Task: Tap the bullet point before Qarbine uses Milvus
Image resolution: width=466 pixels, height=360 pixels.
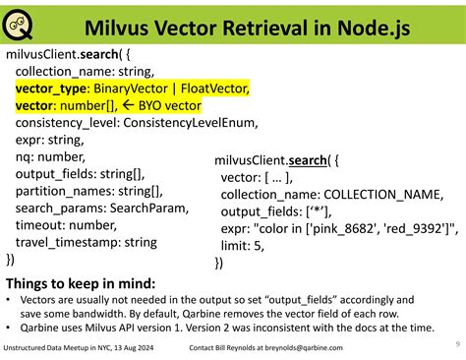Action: (x=9, y=326)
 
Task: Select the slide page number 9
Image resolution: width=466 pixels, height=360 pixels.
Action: (x=457, y=343)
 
